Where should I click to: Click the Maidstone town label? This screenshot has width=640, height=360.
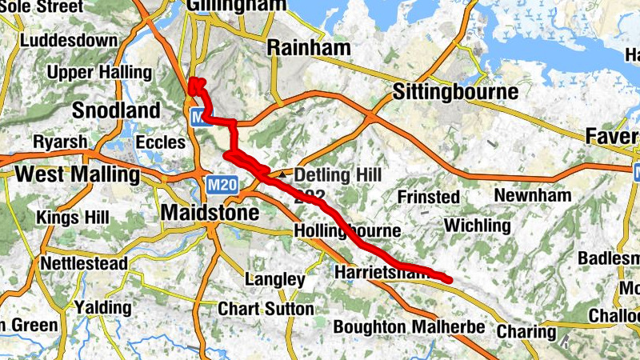click(x=210, y=213)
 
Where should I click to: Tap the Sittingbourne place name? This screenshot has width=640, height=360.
click(x=455, y=93)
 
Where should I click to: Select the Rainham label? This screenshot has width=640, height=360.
click(x=309, y=48)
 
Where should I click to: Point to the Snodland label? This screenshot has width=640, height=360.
click(x=117, y=110)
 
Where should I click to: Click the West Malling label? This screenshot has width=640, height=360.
click(x=78, y=174)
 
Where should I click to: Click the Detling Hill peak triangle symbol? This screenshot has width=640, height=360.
click(x=283, y=174)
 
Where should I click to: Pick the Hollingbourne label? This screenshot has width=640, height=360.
click(x=346, y=231)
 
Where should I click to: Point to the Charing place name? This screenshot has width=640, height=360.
click(x=526, y=331)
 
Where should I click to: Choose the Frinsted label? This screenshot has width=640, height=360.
click(x=429, y=197)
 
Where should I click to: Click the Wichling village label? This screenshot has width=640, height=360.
click(x=477, y=226)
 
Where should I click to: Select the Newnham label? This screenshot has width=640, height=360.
click(x=533, y=195)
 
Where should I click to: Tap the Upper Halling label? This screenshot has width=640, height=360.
click(x=99, y=73)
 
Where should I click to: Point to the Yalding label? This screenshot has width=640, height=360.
click(x=102, y=307)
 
